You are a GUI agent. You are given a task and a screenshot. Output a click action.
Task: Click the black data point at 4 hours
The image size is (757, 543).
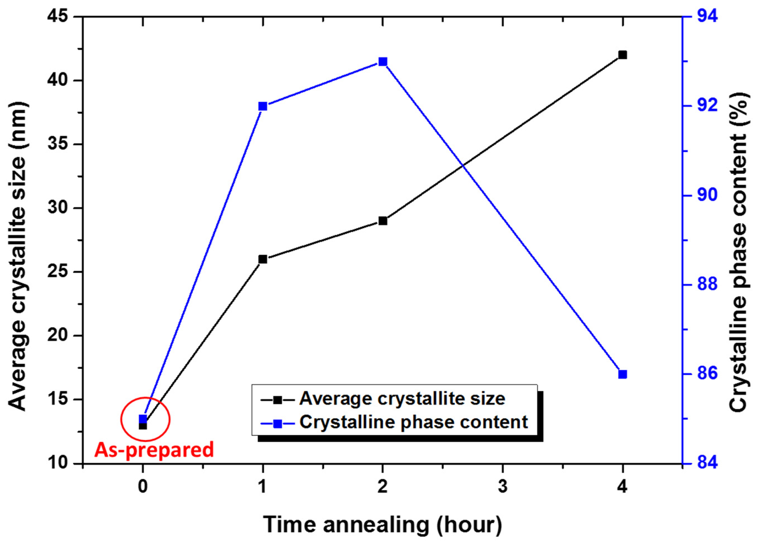click(x=622, y=55)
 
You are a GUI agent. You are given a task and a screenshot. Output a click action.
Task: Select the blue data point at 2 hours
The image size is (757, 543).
click(x=383, y=62)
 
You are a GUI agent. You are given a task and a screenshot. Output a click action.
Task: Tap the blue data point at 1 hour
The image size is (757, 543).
click(x=263, y=106)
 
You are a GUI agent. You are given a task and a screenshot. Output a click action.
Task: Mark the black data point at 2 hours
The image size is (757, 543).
click(x=383, y=221)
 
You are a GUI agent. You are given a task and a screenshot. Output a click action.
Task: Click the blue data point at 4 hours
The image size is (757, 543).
click(x=622, y=374)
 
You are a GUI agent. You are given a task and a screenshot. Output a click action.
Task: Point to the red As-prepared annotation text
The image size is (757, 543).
click(x=154, y=450)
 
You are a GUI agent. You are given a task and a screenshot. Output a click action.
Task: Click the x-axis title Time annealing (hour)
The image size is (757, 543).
click(x=382, y=525)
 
